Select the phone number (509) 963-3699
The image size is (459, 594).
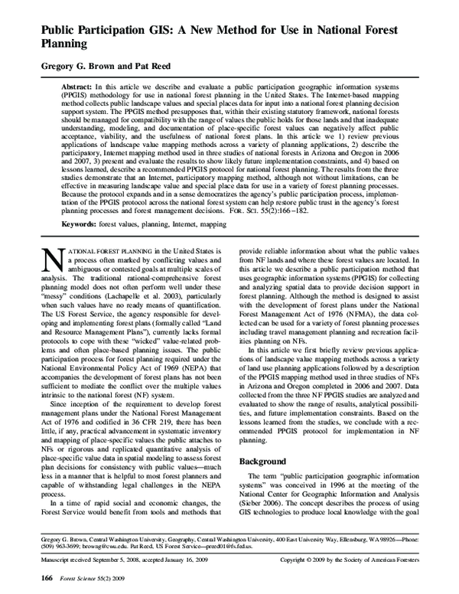pos(57,549)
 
